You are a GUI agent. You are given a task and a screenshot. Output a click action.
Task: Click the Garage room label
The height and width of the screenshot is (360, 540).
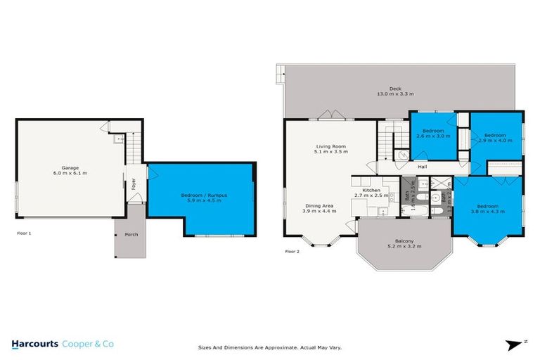tap(70, 167)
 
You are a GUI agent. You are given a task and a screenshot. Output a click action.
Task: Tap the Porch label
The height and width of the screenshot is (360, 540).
tap(130, 234)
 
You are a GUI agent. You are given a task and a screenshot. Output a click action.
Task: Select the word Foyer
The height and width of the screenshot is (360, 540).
tap(134, 186)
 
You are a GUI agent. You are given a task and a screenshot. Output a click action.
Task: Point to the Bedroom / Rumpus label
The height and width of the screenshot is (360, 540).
tap(202, 195)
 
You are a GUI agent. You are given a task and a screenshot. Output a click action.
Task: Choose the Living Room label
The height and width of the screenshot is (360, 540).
tap(330, 146)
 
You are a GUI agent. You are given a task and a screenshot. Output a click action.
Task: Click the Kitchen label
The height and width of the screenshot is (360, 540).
tap(371, 191)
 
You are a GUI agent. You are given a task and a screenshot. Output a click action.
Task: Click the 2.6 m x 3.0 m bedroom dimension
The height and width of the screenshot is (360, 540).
tap(432, 137)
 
